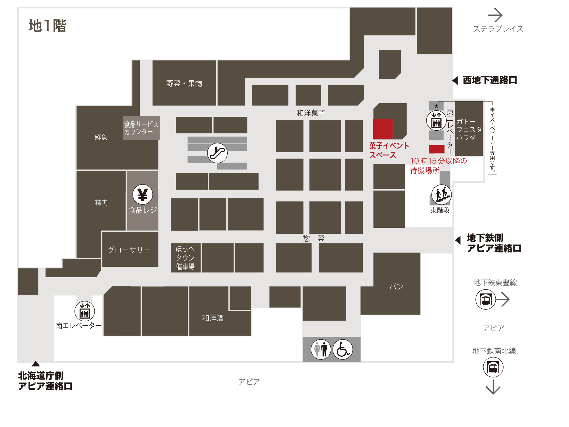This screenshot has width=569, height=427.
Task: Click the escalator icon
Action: pyautogui.click(x=217, y=153)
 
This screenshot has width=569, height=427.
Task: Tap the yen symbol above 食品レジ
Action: pyautogui.click(x=143, y=194)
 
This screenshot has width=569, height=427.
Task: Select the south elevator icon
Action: pyautogui.click(x=84, y=311)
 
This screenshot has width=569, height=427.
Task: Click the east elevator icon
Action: pyautogui.click(x=436, y=120)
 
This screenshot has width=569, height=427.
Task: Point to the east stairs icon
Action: pyautogui.click(x=441, y=195)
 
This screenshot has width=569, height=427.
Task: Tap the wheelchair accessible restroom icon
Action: pyautogui.click(x=343, y=349)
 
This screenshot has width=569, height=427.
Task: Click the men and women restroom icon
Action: pyautogui.click(x=321, y=349)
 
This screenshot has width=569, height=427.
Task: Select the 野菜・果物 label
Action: pyautogui.click(x=184, y=83)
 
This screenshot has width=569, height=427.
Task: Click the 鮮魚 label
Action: pyautogui.click(x=101, y=137)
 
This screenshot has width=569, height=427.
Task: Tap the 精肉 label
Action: pyautogui.click(x=101, y=202)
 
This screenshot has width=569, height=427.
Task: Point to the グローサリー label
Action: pyautogui.click(x=129, y=250)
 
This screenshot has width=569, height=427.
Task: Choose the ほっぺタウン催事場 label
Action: pyautogui.click(x=185, y=258)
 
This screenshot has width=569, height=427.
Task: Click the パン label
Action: pyautogui.click(x=396, y=286)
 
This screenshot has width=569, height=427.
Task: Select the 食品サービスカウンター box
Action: pyautogui.click(x=141, y=128)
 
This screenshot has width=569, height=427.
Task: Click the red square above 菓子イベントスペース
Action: pyautogui.click(x=383, y=129)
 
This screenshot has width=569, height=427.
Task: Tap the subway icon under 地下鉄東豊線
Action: pyautogui.click(x=486, y=299)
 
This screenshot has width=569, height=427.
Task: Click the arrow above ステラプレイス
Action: pyautogui.click(x=495, y=15)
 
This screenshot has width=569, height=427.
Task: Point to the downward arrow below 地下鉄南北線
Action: pyautogui.click(x=493, y=387)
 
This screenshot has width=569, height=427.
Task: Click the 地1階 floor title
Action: pyautogui.click(x=48, y=26)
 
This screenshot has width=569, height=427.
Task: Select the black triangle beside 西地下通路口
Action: pyautogui.click(x=455, y=81)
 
